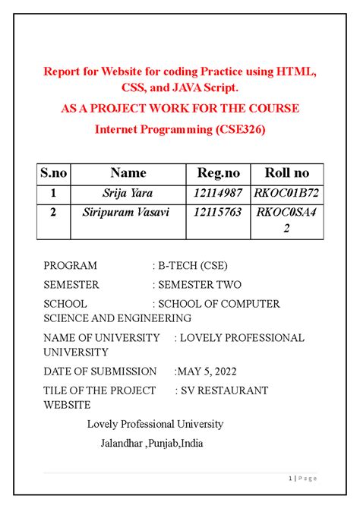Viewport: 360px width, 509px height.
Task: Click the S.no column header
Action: [53, 173]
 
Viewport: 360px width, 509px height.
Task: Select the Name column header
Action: [128, 173]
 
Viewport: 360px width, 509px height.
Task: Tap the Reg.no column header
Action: [218, 173]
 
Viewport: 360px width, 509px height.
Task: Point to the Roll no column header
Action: [286, 173]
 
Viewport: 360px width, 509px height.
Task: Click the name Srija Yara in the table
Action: [128, 193]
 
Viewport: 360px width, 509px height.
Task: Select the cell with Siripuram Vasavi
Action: [128, 213]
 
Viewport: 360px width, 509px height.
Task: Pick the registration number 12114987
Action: [218, 193]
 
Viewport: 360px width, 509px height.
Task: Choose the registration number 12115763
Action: [218, 213]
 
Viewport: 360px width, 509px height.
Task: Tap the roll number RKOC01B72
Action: [287, 193]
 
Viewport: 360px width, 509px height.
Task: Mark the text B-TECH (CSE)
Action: [192, 266]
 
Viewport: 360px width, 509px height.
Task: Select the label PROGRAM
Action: [70, 266]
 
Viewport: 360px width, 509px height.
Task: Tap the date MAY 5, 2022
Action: [206, 371]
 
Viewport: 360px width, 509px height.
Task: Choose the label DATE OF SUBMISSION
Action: [99, 371]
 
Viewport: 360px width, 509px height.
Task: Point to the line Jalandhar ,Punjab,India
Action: [151, 443]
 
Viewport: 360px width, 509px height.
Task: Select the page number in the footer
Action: [291, 478]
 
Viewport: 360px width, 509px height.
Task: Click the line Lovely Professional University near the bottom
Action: [155, 424]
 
